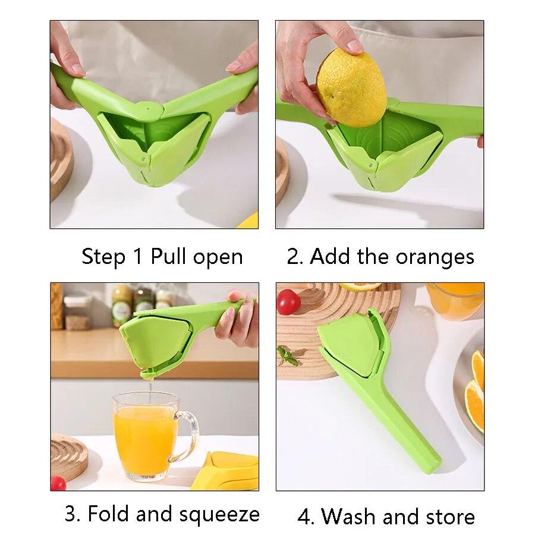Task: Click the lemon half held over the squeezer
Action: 351,87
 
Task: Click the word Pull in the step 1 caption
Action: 169,257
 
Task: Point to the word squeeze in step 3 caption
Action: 223,514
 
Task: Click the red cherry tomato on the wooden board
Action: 289,302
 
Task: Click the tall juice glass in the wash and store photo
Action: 455,300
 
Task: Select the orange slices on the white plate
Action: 476,386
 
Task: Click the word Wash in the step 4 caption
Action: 348,517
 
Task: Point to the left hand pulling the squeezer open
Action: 64,65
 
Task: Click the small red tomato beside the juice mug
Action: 58,483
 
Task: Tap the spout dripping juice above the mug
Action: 149,374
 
